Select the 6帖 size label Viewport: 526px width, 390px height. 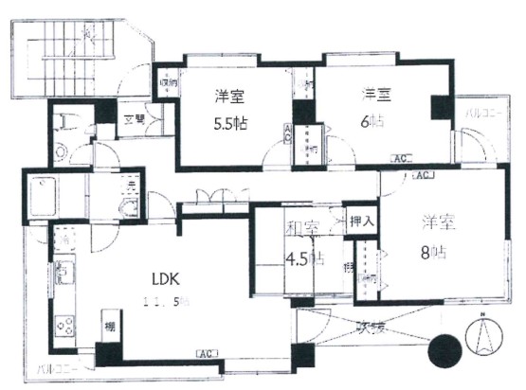click(372, 121)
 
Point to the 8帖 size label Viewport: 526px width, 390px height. click(436, 251)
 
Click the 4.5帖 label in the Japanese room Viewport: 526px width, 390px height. click(303, 257)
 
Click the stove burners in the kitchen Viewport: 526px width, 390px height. click(66, 327)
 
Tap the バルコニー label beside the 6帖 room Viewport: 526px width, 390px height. click(481, 115)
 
